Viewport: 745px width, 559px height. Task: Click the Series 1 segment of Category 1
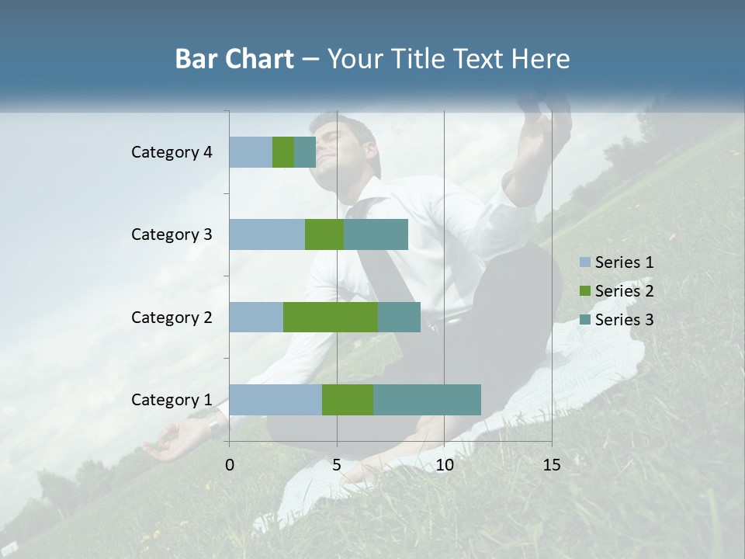[x=275, y=399]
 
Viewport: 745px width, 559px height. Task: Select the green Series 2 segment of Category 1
[x=347, y=399]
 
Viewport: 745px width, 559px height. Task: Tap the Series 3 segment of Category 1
[x=427, y=399]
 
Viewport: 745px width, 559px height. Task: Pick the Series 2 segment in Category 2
[x=330, y=317]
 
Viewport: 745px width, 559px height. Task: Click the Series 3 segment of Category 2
[x=399, y=317]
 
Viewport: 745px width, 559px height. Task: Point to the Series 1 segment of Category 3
[x=266, y=234]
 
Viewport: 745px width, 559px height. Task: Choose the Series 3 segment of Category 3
[x=376, y=234]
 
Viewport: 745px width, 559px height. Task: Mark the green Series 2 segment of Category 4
[x=283, y=152]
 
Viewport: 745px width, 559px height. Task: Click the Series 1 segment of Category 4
[x=251, y=152]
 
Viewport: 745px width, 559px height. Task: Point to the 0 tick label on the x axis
[x=230, y=465]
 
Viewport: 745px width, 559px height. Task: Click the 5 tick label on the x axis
[x=337, y=465]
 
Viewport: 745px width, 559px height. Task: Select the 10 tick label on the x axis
[x=444, y=465]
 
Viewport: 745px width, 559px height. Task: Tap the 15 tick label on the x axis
[x=552, y=465]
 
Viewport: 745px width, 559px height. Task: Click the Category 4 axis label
[x=172, y=152]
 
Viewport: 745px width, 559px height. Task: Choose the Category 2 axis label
[x=172, y=317]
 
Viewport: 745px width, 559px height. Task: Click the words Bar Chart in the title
[x=234, y=59]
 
